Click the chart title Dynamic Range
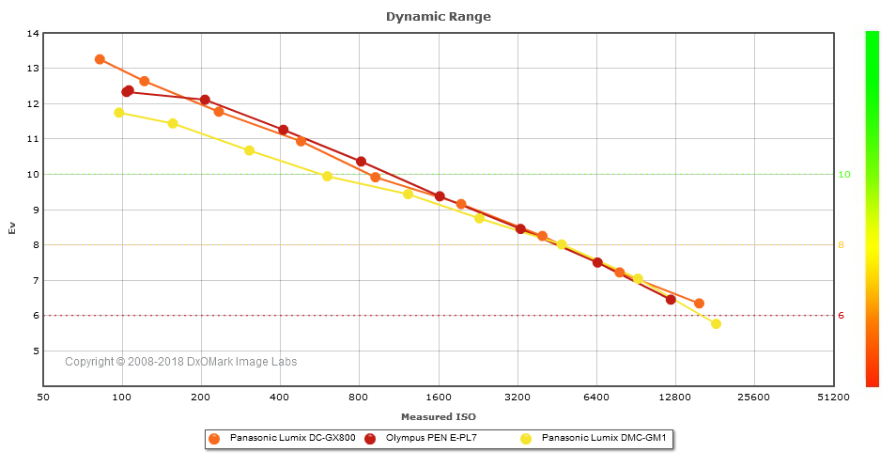click(x=438, y=17)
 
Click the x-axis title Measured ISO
click(x=438, y=416)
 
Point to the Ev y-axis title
click(x=12, y=228)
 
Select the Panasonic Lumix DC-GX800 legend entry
click(x=283, y=438)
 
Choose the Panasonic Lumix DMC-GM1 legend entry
click(x=593, y=438)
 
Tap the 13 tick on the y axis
click(x=34, y=69)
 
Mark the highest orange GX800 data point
click(x=100, y=59)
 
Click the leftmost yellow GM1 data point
click(x=119, y=113)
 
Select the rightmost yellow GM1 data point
click(x=716, y=324)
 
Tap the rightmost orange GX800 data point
click(x=699, y=304)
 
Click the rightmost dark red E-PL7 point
click(x=671, y=300)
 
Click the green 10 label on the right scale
click(x=843, y=175)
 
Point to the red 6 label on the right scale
click(x=842, y=316)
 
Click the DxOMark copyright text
click(x=181, y=362)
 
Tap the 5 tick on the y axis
click(x=36, y=351)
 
